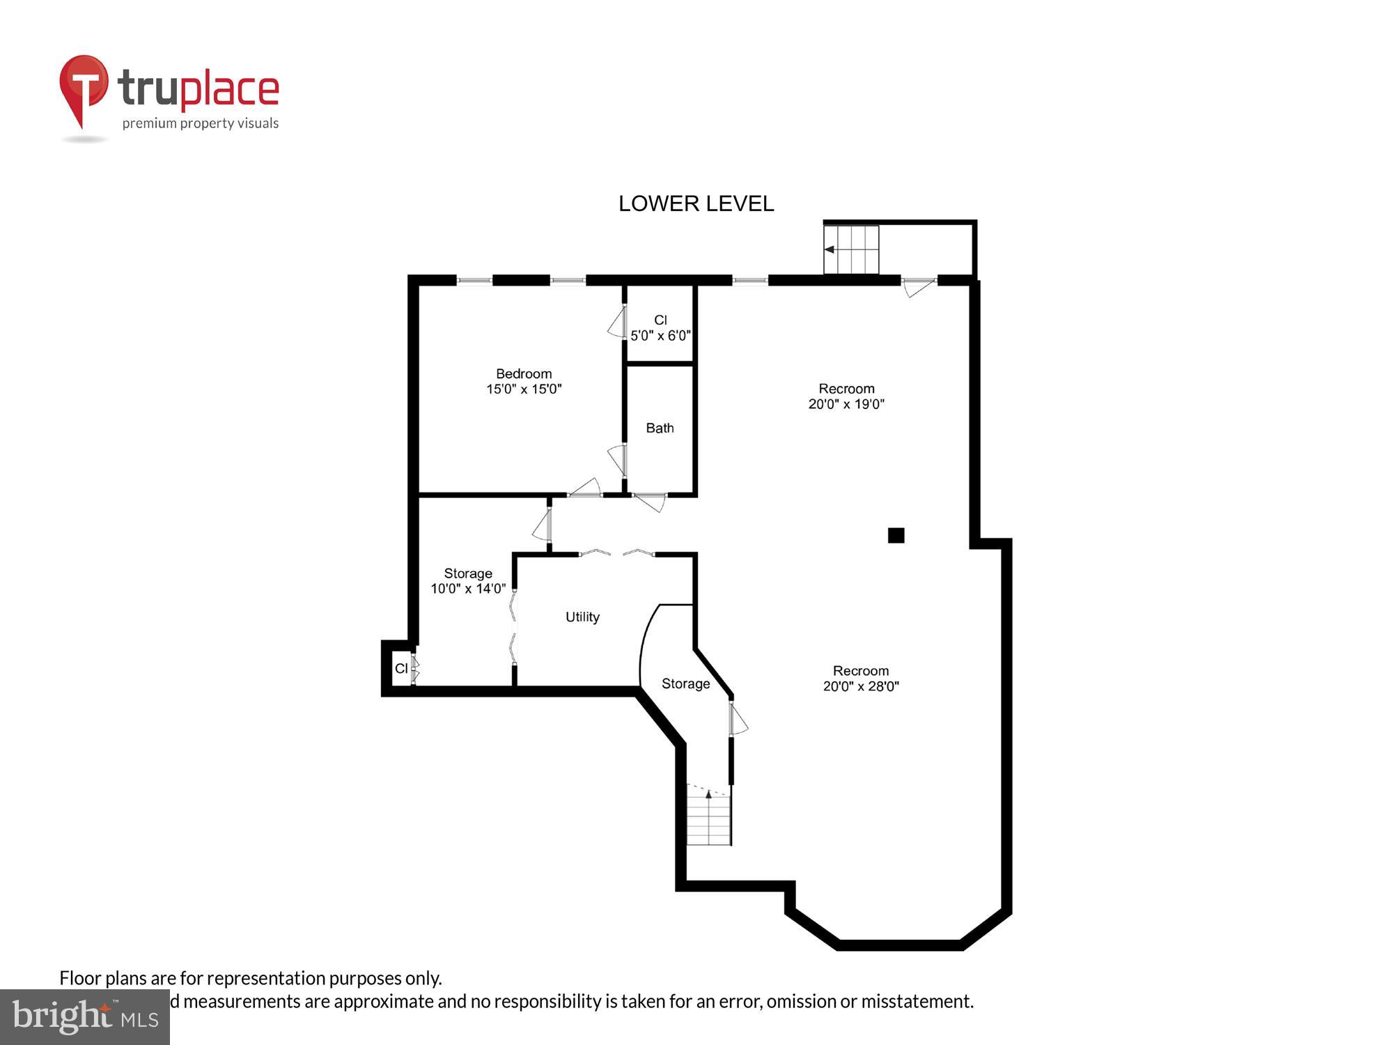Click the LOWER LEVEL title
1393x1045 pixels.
click(x=696, y=203)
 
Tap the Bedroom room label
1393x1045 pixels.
click(x=524, y=373)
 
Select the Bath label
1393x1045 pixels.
click(x=660, y=428)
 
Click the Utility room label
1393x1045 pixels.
click(x=582, y=617)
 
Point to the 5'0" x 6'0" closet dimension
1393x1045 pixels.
click(x=660, y=335)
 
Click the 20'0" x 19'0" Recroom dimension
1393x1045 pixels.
click(x=846, y=404)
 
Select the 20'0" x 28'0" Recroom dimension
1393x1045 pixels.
click(x=861, y=686)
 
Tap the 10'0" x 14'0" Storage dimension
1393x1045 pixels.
click(x=468, y=589)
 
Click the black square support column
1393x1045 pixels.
click(x=896, y=535)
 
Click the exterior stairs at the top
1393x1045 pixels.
click(x=852, y=249)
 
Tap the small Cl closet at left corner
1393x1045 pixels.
click(x=401, y=669)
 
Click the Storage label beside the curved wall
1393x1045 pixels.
click(x=685, y=684)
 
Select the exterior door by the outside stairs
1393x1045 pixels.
click(x=918, y=286)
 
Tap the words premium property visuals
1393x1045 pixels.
click(x=201, y=124)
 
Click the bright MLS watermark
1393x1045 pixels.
click(x=85, y=1018)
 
